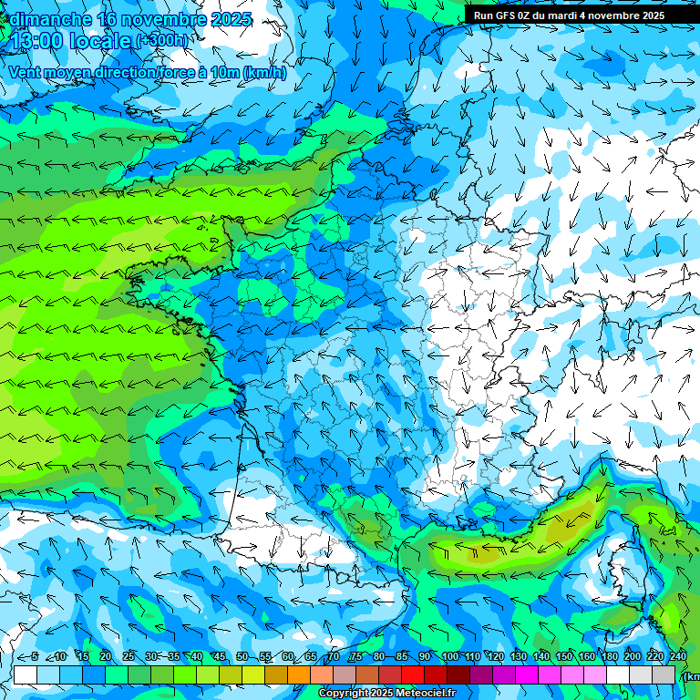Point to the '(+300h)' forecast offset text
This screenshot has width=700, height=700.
pyautogui.click(x=164, y=41)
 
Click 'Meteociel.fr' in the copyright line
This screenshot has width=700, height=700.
pyautogui.click(x=426, y=694)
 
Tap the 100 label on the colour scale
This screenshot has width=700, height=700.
pyautogui.click(x=449, y=656)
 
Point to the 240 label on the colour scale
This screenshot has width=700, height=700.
pyautogui.click(x=677, y=656)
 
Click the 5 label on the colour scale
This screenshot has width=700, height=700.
pyautogui.click(x=35, y=656)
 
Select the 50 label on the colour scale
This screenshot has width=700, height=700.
pyautogui.click(x=242, y=656)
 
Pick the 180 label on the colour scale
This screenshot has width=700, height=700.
pyautogui.click(x=609, y=656)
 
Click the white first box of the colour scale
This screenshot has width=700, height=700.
pyautogui.click(x=26, y=675)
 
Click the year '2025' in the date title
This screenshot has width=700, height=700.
pyautogui.click(x=232, y=19)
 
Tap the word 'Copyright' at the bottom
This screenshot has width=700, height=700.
pyautogui.click(x=344, y=694)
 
